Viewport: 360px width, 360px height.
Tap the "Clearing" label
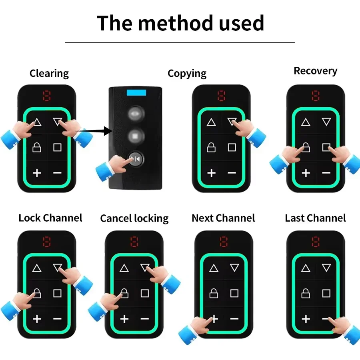pos(49,74)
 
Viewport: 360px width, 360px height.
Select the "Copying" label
pos(187,74)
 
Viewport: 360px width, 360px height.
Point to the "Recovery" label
pos(315,71)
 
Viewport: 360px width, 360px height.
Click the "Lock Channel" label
pos(50,218)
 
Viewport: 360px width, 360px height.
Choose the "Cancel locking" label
pos(134,218)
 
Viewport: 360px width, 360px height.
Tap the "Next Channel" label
pos(223,218)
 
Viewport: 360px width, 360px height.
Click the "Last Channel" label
pos(315,218)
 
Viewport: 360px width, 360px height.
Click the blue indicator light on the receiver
pos(136,93)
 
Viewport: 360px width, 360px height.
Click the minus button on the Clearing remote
pos(57,173)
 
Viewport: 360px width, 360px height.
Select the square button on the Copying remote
pos(232,148)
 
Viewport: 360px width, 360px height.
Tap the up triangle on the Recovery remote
pos(306,122)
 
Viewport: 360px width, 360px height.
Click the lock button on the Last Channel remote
pos(306,294)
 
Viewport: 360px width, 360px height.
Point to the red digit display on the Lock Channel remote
pos(47,241)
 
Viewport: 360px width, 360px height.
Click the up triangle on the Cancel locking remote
pos(124,268)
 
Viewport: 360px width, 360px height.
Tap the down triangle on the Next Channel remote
pos(234,268)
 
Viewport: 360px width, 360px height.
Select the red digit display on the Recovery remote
pos(316,95)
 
